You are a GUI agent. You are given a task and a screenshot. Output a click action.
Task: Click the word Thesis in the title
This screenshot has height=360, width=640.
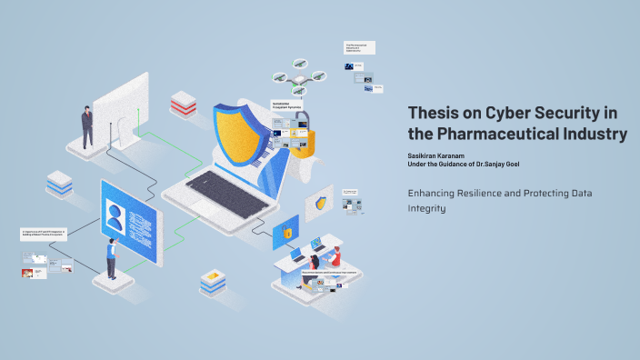(x=435, y=113)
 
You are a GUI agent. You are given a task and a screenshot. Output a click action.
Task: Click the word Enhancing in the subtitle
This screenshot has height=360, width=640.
(x=435, y=192)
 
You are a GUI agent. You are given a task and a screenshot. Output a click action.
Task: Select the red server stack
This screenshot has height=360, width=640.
(x=183, y=105)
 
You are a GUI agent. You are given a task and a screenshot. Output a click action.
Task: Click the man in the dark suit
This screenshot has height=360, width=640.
(x=87, y=125)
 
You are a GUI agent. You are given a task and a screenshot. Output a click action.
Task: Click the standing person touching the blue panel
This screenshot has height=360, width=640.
(x=111, y=258)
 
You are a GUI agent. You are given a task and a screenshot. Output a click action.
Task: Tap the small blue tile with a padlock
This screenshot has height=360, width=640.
(x=285, y=234)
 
